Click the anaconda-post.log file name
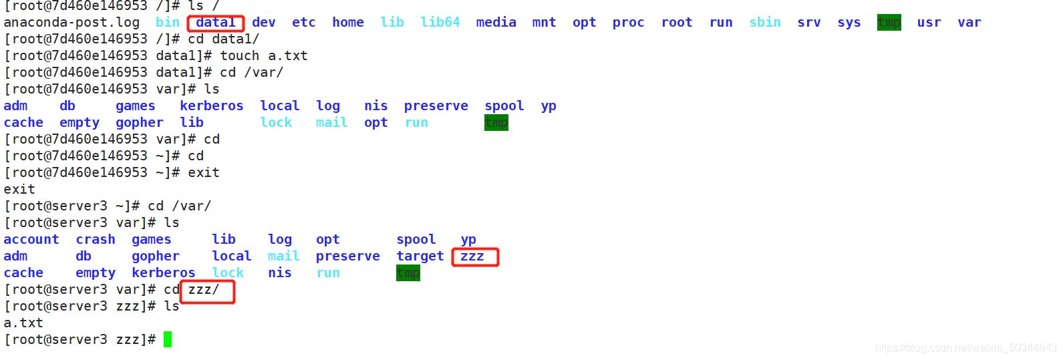tap(71, 23)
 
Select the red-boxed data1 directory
tap(216, 23)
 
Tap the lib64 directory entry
tap(440, 23)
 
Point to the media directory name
tap(496, 23)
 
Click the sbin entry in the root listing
tap(764, 23)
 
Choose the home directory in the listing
tap(348, 23)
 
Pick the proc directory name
tap(628, 23)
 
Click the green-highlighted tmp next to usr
tap(889, 23)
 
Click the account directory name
tap(31, 240)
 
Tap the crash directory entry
tap(96, 240)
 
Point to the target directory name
tap(420, 256)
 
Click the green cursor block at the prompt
tap(168, 339)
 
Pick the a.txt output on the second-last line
tap(23, 323)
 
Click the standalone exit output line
tap(19, 190)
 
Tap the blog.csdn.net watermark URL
tap(965, 348)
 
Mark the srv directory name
tap(808, 23)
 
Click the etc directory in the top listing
tap(303, 23)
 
